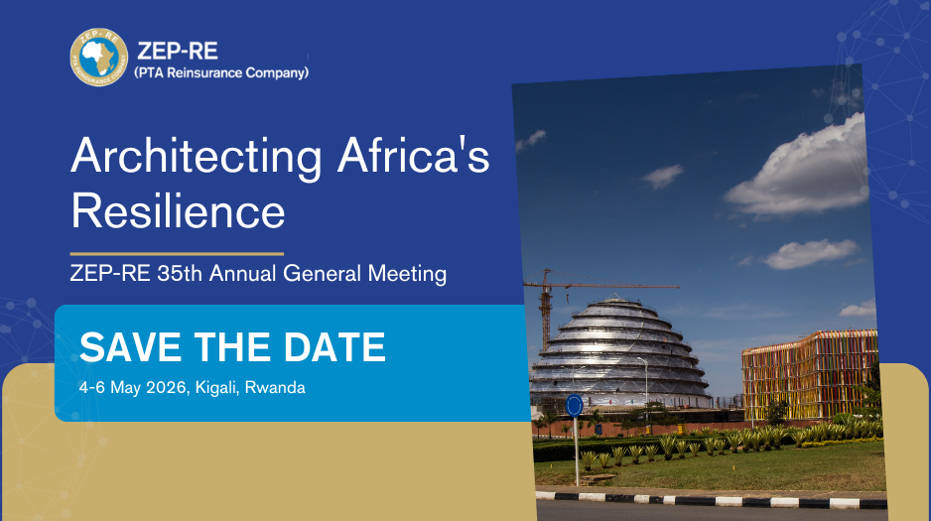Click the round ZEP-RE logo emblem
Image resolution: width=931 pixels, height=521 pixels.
tap(98, 57)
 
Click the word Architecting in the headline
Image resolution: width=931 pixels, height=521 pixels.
tap(197, 157)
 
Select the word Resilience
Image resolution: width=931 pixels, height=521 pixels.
tap(178, 210)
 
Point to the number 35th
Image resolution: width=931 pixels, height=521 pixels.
tap(180, 274)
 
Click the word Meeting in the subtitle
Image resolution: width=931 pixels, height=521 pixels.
tap(407, 274)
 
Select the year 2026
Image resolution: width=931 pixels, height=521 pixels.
tap(168, 387)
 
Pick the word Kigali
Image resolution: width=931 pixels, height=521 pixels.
tap(217, 388)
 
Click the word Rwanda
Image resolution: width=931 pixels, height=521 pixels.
tap(275, 387)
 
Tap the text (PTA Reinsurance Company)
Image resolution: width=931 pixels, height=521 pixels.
tap(221, 73)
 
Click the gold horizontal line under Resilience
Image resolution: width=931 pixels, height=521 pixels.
tap(177, 254)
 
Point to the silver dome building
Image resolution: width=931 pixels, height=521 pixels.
tap(620, 353)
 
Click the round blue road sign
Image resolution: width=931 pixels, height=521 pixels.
tap(574, 405)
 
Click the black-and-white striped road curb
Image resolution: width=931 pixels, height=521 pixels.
tap(712, 499)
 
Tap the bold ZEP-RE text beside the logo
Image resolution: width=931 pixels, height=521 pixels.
tap(178, 51)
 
